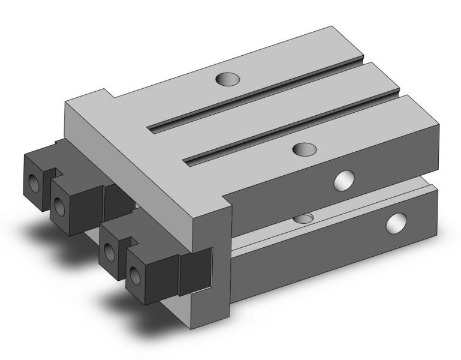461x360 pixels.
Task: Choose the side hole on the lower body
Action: click(395, 223)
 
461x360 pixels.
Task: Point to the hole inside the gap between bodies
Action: click(305, 217)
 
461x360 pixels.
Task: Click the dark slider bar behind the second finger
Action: click(117, 201)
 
